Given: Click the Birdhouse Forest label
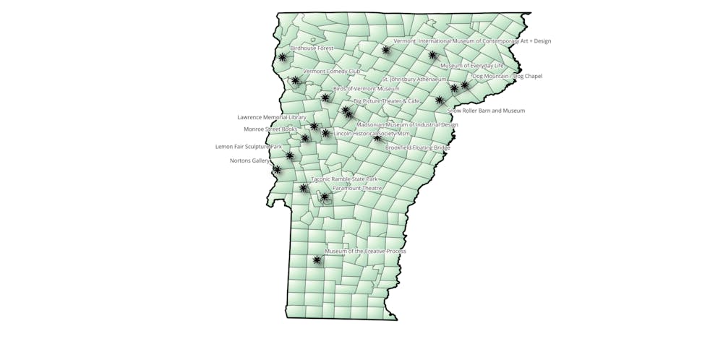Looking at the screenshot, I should [312, 48].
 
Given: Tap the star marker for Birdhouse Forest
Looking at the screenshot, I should [282, 57].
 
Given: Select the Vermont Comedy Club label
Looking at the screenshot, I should [332, 72].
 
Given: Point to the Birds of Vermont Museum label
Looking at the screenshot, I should [366, 89].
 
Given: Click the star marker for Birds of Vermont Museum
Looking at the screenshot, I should [325, 98].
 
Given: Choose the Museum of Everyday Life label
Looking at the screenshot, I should [472, 66].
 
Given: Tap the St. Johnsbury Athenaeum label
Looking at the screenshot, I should [414, 79].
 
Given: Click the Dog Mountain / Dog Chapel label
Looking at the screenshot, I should [507, 76].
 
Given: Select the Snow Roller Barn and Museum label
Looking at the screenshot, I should [486, 111].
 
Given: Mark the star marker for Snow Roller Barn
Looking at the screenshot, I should [440, 100].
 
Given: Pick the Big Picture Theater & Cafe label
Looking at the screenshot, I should [386, 101].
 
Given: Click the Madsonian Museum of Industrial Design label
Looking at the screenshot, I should [407, 124].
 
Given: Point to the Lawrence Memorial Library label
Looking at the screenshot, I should [272, 117].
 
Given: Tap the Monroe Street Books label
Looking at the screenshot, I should [270, 129].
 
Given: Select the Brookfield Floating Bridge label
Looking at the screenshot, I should [418, 147].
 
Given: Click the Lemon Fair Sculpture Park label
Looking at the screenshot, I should [249, 147].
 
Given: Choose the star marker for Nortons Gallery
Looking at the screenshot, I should [277, 169].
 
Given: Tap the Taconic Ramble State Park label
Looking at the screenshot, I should [344, 179].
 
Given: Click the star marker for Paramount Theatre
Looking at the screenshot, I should [325, 197].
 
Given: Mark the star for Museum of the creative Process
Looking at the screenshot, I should [317, 260].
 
